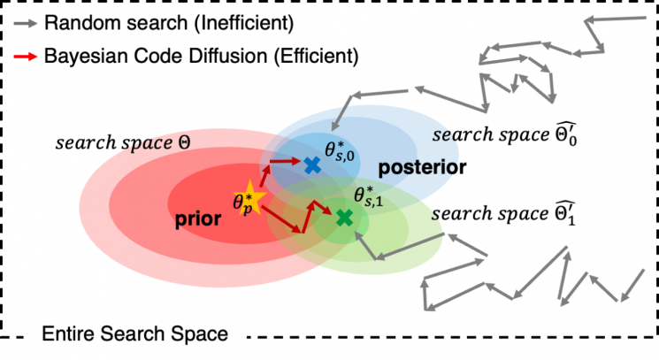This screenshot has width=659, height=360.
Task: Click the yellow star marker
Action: (x=242, y=202)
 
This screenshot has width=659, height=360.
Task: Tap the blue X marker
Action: (x=310, y=165)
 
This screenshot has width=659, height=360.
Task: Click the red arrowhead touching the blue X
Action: (x=299, y=162)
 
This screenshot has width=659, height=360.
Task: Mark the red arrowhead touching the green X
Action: (x=333, y=215)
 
